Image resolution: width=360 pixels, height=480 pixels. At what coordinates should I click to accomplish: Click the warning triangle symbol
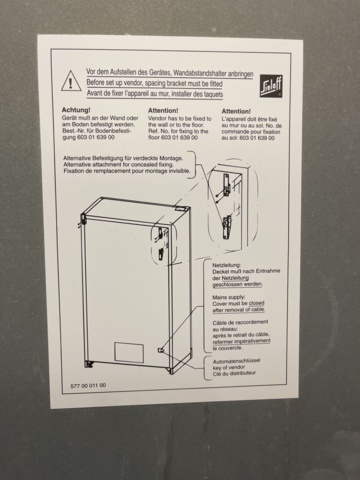pyautogui.click(x=69, y=81)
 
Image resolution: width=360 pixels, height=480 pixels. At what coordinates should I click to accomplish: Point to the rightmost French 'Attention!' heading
pyautogui.click(x=236, y=111)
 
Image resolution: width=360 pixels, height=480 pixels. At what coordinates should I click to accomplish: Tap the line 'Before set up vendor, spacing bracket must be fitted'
pyautogui.click(x=161, y=82)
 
